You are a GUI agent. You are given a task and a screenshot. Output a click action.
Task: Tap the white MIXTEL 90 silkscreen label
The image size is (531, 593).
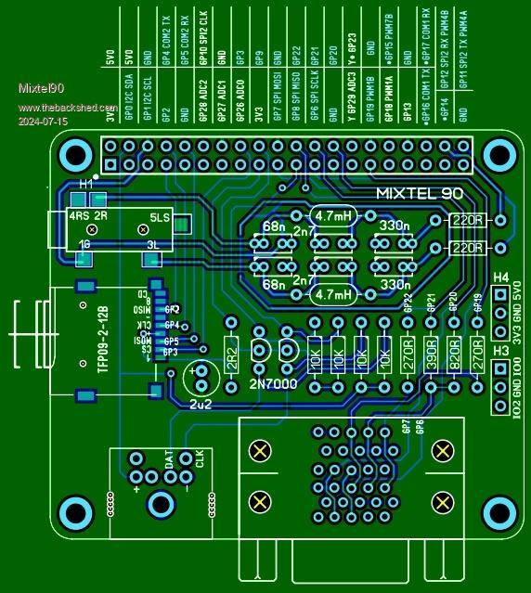click(419, 194)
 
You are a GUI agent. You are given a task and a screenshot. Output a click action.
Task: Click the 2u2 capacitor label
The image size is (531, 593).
click(201, 405)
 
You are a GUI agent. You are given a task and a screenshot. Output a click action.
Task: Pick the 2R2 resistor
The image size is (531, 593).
click(231, 355)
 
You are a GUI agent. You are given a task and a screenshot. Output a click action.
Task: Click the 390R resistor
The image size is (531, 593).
click(431, 355)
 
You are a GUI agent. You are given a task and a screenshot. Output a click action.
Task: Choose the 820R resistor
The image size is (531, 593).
click(454, 355)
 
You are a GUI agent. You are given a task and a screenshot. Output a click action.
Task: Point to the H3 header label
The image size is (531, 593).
click(500, 350)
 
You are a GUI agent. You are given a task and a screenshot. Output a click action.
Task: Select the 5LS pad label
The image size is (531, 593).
click(160, 219)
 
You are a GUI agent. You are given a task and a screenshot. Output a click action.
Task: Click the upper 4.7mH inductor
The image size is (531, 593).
click(332, 215)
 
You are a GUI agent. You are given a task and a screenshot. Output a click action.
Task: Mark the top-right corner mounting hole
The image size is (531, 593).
click(499, 154)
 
